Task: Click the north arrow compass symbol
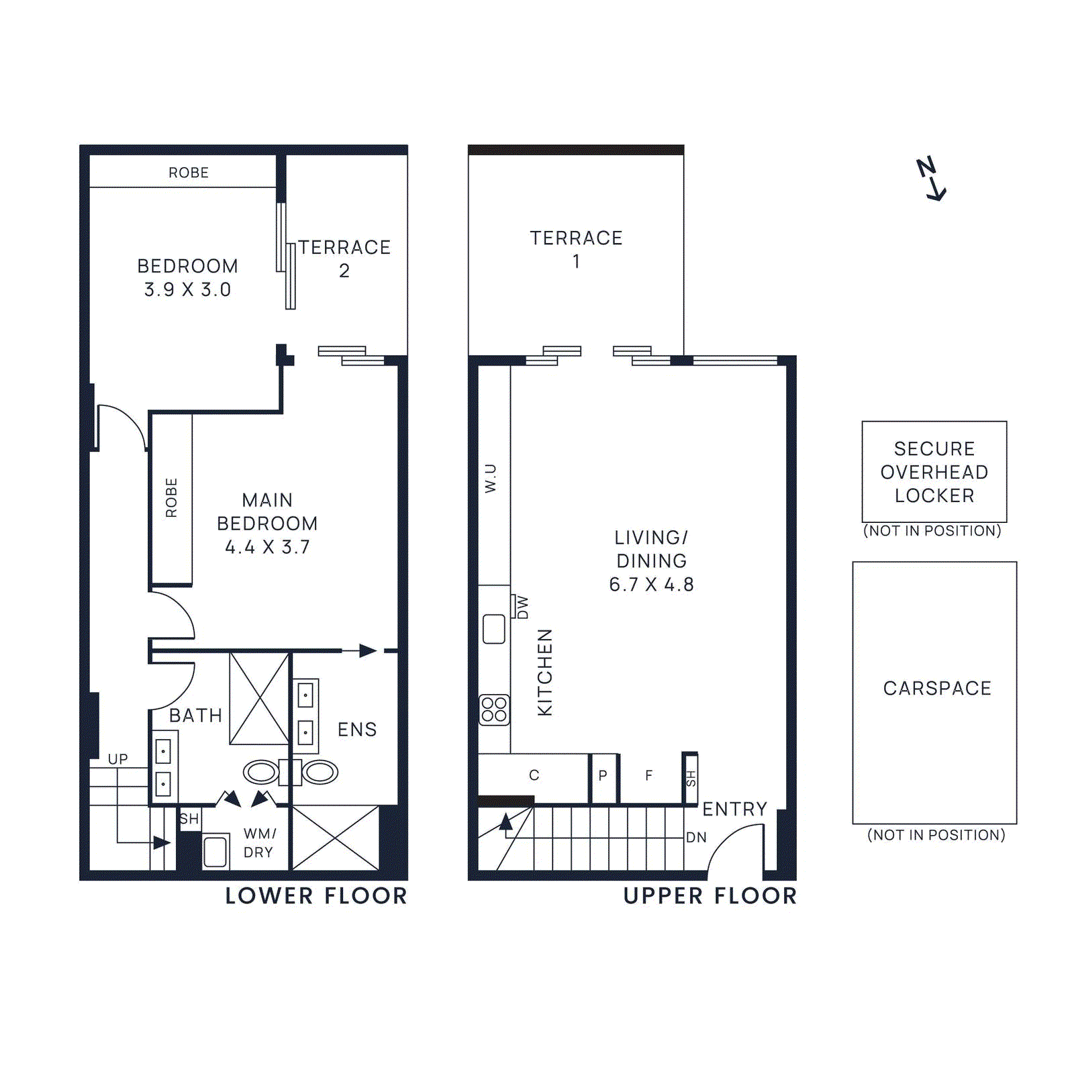click(x=931, y=179)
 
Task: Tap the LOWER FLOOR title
click(x=316, y=896)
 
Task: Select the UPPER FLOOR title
click(x=710, y=896)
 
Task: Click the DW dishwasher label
click(x=523, y=607)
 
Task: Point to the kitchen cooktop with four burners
click(x=495, y=710)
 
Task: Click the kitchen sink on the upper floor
click(x=494, y=630)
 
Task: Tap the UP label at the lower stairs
click(x=118, y=759)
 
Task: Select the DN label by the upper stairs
click(x=696, y=838)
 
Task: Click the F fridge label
click(x=648, y=776)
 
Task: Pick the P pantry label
click(x=603, y=776)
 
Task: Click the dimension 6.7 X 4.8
click(x=651, y=585)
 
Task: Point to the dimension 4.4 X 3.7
click(x=267, y=547)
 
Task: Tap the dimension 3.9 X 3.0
click(x=187, y=289)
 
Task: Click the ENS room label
click(x=357, y=730)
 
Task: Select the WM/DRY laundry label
click(x=259, y=843)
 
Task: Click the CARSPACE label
click(x=937, y=688)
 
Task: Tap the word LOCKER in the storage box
click(x=934, y=495)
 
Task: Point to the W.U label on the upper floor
click(x=491, y=479)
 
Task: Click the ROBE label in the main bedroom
click(x=171, y=498)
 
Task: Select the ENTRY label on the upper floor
click(x=734, y=809)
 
